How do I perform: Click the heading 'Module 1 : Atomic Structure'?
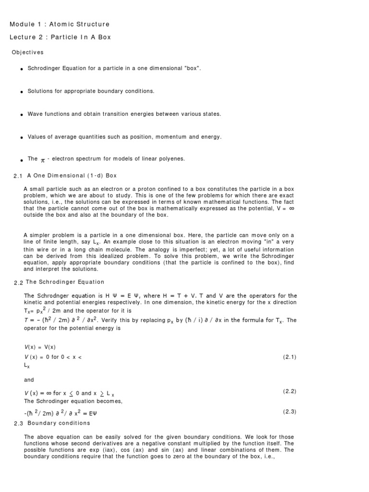click(60, 24)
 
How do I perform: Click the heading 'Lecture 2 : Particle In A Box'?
click(60, 37)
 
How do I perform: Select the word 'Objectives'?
click(27, 52)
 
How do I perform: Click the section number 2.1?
click(18, 176)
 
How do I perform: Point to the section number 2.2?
click(18, 283)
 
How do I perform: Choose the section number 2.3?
click(18, 423)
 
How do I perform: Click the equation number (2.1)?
click(290, 357)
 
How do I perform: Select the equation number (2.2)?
click(290, 391)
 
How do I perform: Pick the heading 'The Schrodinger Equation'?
click(65, 282)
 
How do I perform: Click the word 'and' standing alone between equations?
click(29, 380)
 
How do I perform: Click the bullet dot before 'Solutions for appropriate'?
click(22, 92)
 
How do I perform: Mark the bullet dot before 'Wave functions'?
click(22, 115)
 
